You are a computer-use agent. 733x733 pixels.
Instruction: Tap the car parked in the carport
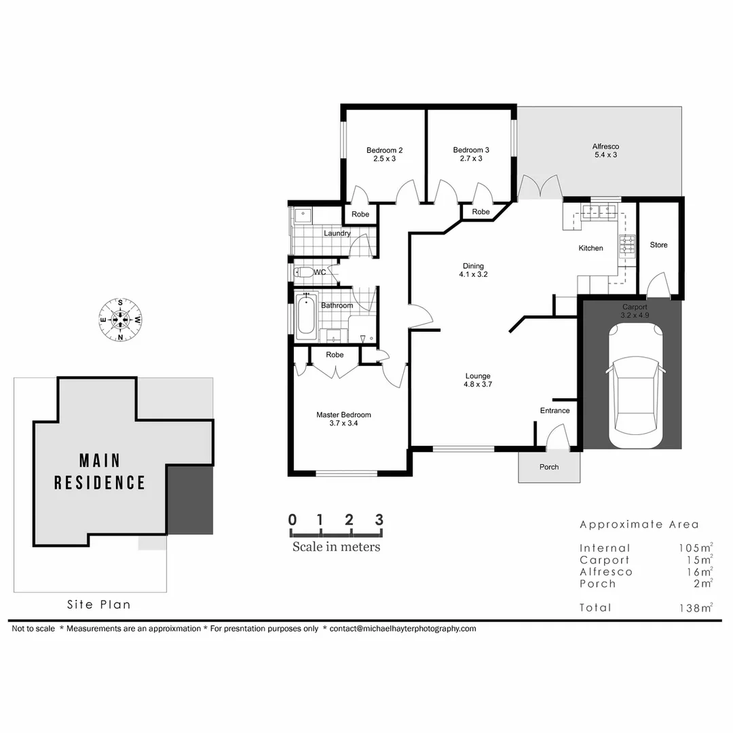pos(636,386)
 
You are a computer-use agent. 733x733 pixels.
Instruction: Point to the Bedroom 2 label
pos(385,154)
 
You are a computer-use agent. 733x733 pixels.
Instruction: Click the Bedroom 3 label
pos(471,154)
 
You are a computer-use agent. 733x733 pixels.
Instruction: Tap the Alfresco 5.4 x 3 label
pos(605,150)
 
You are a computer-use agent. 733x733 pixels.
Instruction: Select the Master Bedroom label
pos(343,419)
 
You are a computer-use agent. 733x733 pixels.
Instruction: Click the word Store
pos(658,245)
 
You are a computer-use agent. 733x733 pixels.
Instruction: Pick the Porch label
pos(549,467)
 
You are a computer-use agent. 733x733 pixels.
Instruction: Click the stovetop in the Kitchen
pos(626,245)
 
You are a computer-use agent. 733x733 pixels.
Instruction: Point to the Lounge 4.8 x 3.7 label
pos(478,380)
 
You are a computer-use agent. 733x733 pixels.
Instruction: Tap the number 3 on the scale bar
pos(379,520)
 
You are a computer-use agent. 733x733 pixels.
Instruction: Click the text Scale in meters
pos(336,546)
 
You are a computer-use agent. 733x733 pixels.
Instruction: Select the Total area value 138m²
pos(697,607)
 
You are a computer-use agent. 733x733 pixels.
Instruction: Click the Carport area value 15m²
pos(699,560)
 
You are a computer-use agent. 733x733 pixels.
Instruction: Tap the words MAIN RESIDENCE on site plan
pos(100,472)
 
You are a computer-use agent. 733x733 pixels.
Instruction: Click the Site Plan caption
pos(98,604)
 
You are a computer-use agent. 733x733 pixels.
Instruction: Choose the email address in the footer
pos(403,628)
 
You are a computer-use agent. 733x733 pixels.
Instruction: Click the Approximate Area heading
pos(639,525)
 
